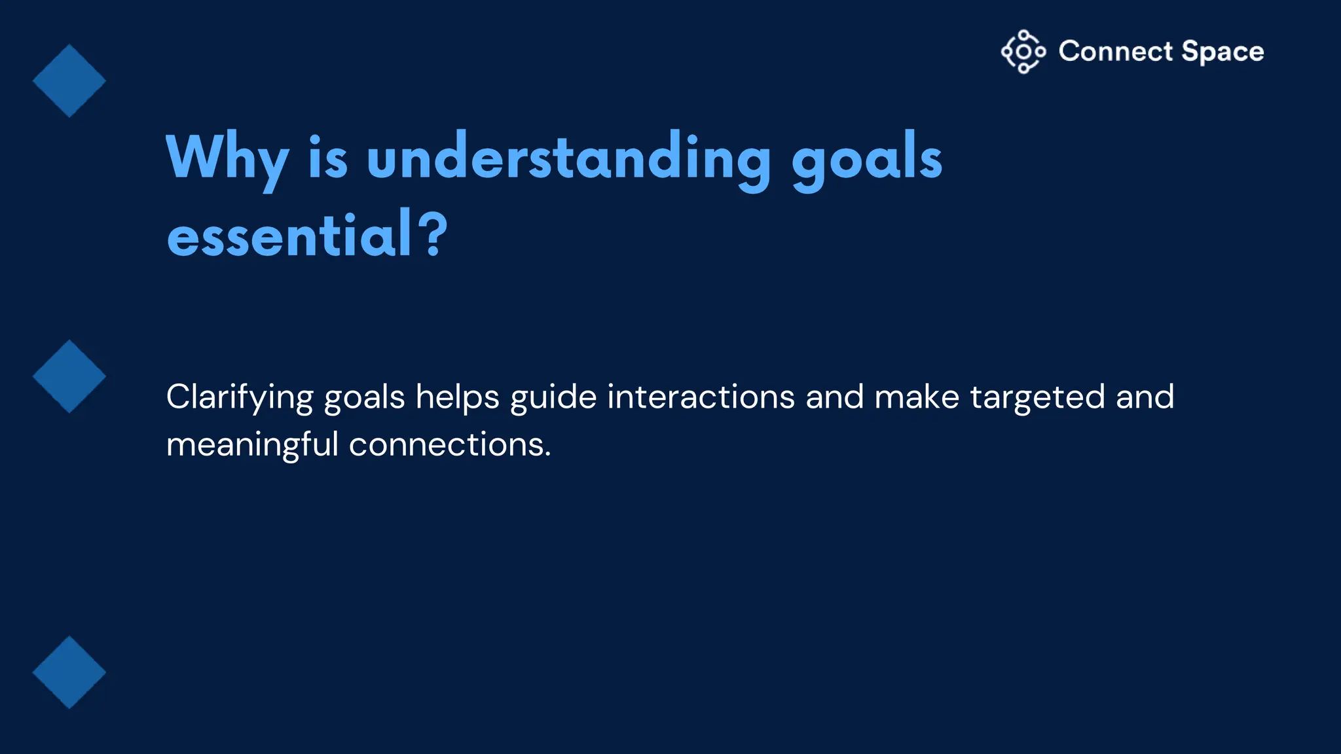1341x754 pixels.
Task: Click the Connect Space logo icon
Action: [x=1023, y=52]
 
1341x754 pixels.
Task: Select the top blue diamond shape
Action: [x=69, y=81]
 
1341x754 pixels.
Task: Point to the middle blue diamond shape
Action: [x=69, y=376]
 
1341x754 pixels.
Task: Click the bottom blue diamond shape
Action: [x=69, y=672]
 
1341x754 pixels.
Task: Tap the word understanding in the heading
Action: [x=569, y=157]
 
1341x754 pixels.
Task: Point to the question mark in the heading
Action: [x=433, y=234]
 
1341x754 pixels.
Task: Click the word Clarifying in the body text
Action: [x=240, y=398]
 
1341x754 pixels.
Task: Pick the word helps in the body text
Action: [x=458, y=398]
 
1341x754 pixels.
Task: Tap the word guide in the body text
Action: [x=553, y=398]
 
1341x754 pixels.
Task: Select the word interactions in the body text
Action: [x=701, y=397]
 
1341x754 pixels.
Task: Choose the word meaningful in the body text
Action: [x=252, y=446]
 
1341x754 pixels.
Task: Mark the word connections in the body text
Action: [x=450, y=445]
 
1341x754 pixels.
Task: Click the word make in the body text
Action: [x=917, y=397]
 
